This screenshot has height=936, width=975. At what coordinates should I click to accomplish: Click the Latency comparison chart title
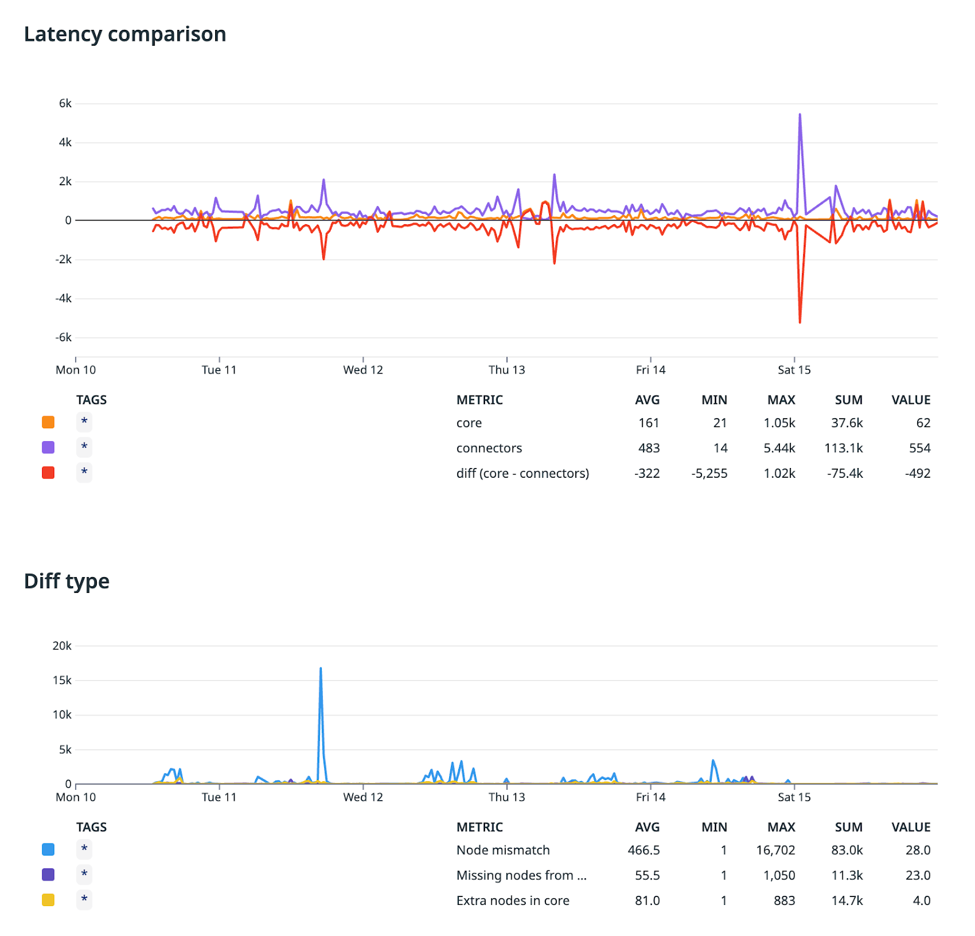coord(125,34)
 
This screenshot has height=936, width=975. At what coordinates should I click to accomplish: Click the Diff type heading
coord(66,581)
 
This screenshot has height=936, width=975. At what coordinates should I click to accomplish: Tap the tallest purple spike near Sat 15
coord(799,116)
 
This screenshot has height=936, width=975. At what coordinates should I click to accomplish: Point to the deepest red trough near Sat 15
coord(799,321)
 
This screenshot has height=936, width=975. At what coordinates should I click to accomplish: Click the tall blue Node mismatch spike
coord(321,670)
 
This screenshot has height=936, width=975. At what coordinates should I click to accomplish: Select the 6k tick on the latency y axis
coord(65,104)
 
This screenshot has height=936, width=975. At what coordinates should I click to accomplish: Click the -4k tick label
coord(63,299)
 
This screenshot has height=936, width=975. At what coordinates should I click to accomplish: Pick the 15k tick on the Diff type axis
coord(62,680)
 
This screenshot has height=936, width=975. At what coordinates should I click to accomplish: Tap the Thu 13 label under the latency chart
coord(506,370)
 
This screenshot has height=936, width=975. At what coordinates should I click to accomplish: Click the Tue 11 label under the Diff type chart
coord(219,797)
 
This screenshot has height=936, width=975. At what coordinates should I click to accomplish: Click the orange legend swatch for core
coord(48,422)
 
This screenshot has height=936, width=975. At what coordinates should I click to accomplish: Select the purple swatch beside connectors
coord(48,448)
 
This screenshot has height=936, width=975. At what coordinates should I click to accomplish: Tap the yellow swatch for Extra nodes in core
coord(48,900)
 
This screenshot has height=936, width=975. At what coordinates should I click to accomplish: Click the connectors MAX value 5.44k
coord(779,448)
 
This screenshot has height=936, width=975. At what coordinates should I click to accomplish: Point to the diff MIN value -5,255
coord(709,473)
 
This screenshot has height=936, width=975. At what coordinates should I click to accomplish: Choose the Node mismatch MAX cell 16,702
coord(775,850)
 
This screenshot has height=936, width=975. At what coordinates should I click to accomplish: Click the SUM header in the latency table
coord(848,400)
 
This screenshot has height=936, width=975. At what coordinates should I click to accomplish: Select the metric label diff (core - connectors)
coord(522,473)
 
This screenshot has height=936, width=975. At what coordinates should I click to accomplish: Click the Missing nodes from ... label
coord(521,876)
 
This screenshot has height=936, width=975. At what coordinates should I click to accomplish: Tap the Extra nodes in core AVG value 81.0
coord(647,901)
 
